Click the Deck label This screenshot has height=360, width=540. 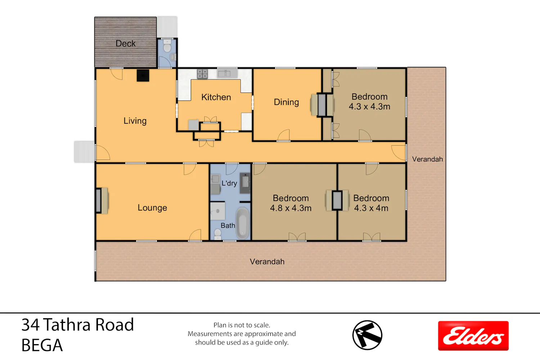[125, 44]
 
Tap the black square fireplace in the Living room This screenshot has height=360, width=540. [143, 76]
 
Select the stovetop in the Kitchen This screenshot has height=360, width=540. [202, 74]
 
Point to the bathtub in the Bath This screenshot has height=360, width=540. [242, 223]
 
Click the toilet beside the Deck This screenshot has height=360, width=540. [167, 46]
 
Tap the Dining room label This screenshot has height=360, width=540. [286, 102]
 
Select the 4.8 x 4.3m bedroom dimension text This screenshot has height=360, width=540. [291, 208]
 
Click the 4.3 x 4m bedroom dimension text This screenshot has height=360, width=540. [371, 208]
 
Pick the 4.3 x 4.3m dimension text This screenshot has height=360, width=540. [369, 107]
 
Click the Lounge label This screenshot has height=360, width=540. [152, 208]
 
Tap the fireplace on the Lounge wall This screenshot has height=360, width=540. [102, 201]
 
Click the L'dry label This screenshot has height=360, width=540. [229, 183]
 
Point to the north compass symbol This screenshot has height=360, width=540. [367, 335]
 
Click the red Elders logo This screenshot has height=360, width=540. [473, 336]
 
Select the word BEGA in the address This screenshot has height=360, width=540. [42, 345]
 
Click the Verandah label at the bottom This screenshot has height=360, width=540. [267, 262]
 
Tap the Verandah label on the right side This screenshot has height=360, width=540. [427, 159]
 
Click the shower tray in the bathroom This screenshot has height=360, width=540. [218, 211]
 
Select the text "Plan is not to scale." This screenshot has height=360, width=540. [242, 325]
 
